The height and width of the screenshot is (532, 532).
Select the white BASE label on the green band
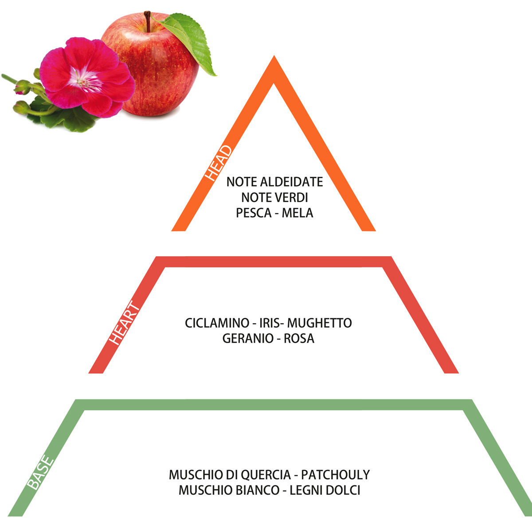click(40, 473)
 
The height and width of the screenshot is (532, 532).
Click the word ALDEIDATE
click(292, 182)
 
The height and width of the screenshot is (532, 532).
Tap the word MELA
click(297, 213)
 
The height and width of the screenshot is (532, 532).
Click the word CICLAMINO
click(217, 323)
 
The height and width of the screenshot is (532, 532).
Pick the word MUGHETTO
click(320, 323)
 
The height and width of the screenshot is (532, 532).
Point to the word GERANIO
click(248, 338)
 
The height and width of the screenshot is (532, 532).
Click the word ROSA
click(299, 338)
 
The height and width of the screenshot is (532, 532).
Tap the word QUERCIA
click(266, 475)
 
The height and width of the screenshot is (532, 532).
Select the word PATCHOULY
click(336, 475)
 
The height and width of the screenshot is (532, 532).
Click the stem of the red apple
click(148, 22)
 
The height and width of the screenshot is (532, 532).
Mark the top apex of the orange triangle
click(274, 55)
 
